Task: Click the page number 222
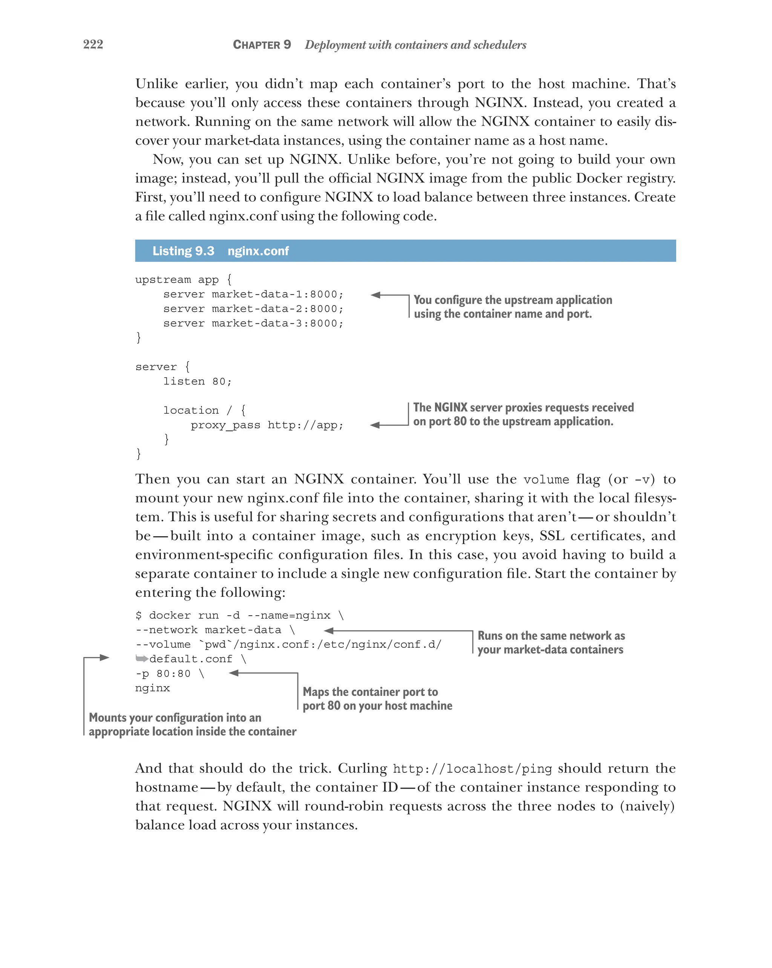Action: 93,44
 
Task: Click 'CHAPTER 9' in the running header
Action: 262,44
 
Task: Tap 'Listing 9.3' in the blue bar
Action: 183,251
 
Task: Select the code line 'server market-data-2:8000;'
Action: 253,309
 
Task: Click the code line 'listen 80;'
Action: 197,381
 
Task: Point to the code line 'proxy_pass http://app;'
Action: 267,425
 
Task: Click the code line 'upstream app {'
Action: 183,279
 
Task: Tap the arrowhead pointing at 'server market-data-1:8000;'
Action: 375,295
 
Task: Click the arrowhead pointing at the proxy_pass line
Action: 375,425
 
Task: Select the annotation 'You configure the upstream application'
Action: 512,300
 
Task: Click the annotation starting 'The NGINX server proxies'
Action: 523,407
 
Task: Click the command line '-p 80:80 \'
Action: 169,673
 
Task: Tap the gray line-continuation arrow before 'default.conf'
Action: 142,659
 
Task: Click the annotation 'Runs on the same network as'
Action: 551,635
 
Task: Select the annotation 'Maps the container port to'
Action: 370,691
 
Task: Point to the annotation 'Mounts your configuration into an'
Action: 175,717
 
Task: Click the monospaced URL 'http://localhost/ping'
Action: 472,769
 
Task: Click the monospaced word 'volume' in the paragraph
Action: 546,480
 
